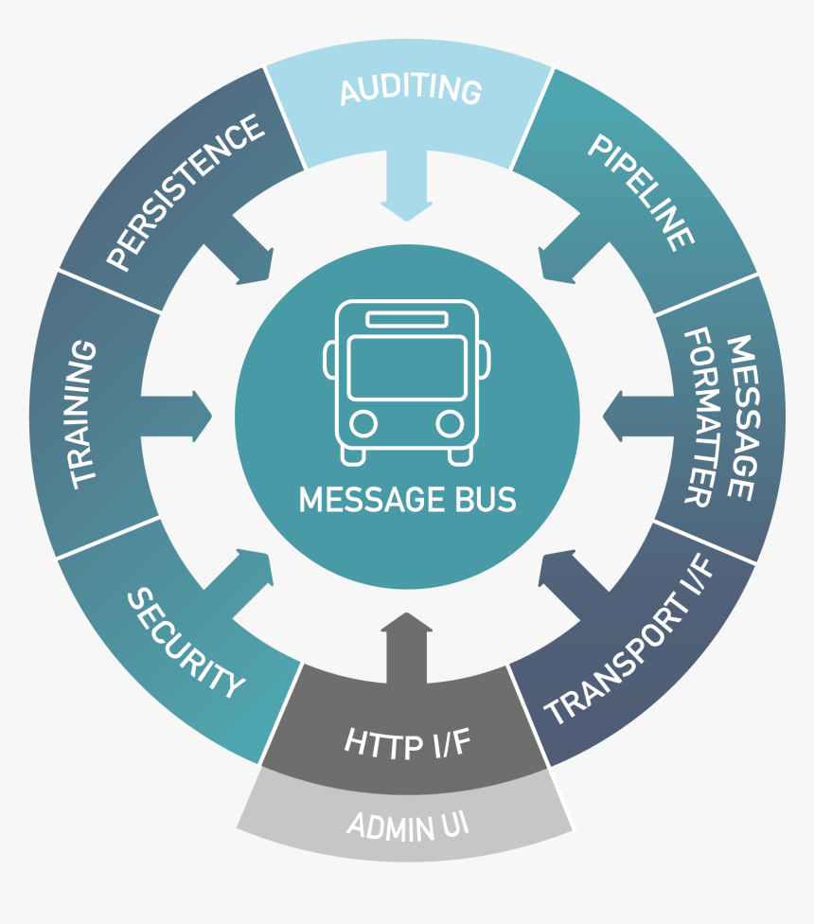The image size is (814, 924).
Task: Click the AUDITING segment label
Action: tap(410, 89)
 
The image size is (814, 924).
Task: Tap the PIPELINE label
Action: tap(640, 192)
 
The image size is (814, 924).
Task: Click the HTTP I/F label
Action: tap(407, 743)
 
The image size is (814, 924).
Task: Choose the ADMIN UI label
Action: tap(408, 826)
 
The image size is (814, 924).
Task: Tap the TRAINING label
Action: tap(84, 415)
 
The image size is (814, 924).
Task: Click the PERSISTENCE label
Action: tap(185, 193)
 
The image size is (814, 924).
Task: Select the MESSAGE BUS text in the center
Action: tap(408, 499)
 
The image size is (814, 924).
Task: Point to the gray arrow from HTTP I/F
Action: tap(406, 644)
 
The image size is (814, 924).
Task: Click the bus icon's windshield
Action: tap(407, 368)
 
